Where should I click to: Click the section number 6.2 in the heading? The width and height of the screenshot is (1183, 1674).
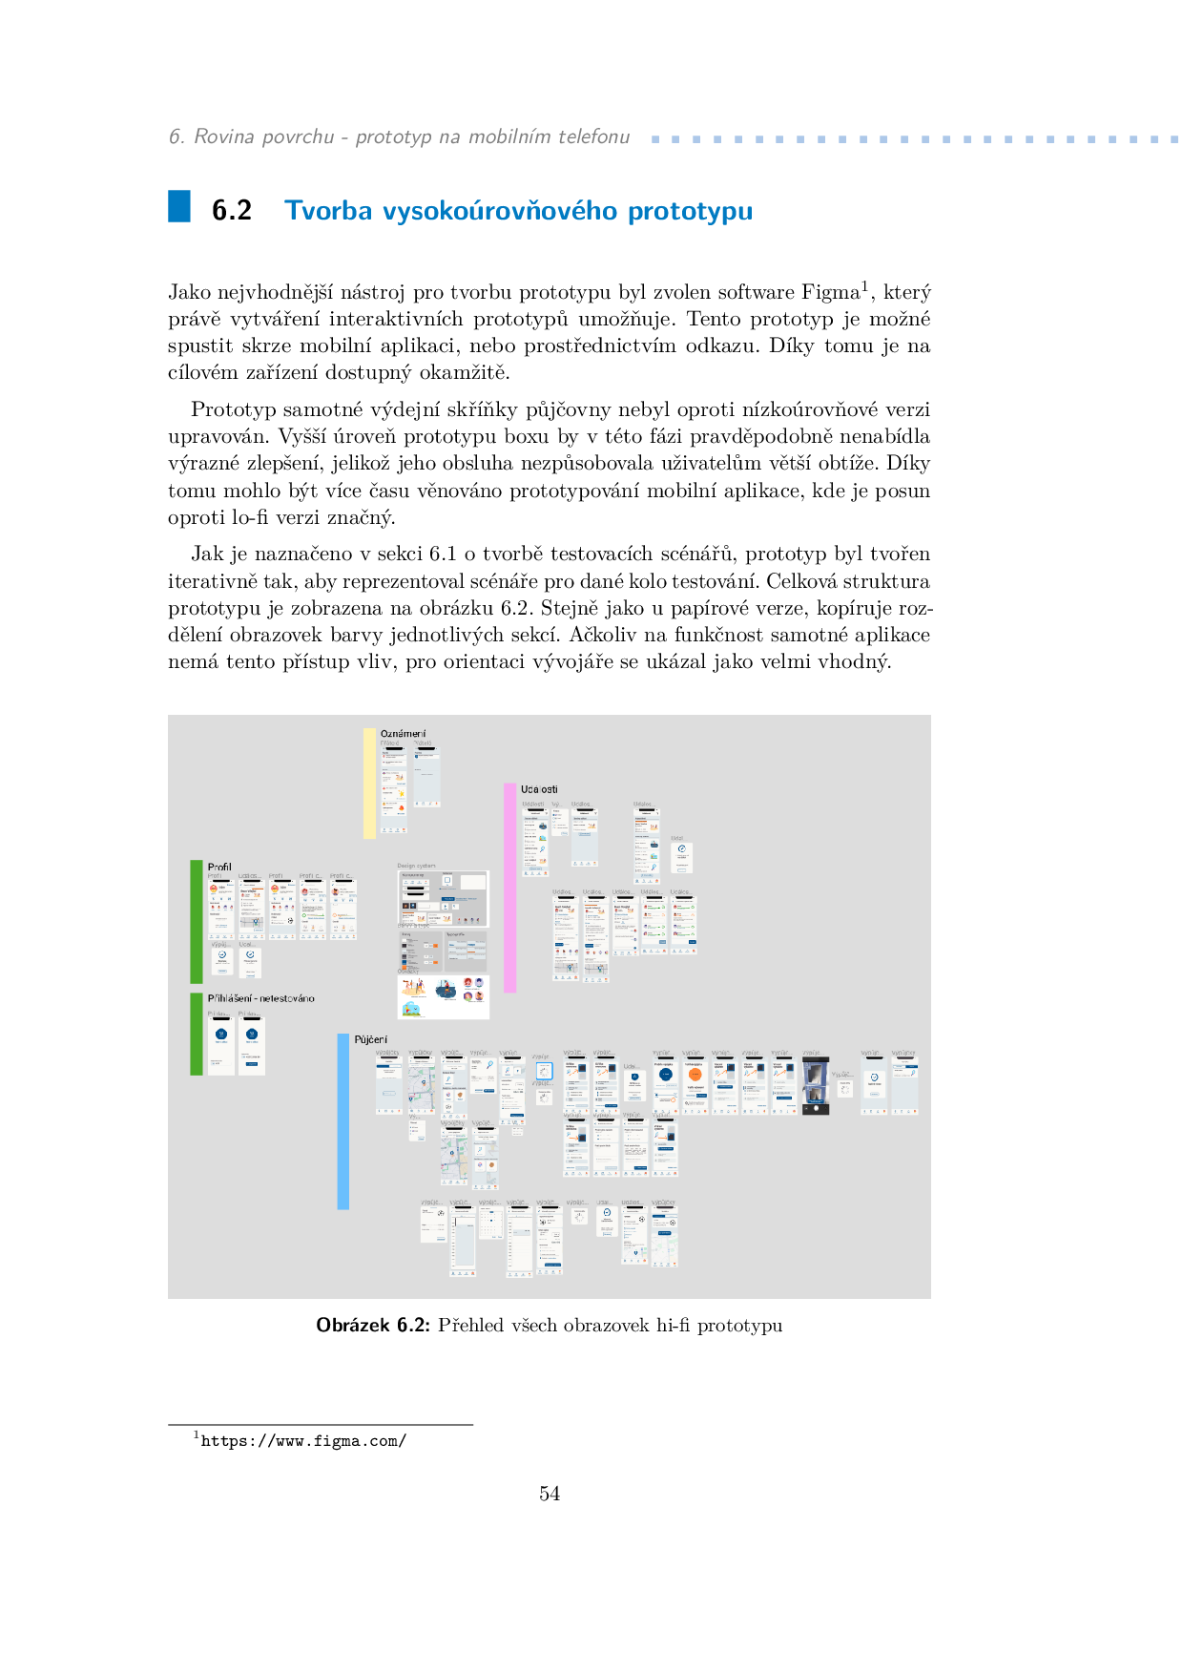(x=232, y=211)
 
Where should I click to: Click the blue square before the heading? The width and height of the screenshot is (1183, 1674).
(x=179, y=207)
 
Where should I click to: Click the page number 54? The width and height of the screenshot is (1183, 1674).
(x=550, y=1494)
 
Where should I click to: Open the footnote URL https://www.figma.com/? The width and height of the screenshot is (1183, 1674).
(x=303, y=1441)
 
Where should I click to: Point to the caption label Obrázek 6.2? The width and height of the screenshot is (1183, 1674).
(x=373, y=1326)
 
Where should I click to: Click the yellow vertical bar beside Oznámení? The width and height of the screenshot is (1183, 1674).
(x=369, y=784)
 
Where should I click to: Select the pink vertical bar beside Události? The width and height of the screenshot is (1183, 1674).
(x=510, y=888)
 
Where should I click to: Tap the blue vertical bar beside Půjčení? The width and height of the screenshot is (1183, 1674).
(x=343, y=1121)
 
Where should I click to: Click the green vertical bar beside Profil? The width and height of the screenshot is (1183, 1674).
(x=197, y=921)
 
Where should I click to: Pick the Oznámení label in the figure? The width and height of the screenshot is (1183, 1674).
(x=403, y=734)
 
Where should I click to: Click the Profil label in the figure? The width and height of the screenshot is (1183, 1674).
(x=219, y=867)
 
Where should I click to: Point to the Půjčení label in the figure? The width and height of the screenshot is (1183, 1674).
(x=371, y=1039)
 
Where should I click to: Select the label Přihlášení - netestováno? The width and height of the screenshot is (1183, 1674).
(x=260, y=998)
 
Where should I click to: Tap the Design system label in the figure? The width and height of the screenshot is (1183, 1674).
(x=416, y=866)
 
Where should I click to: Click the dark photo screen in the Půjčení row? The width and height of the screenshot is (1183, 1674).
(x=815, y=1085)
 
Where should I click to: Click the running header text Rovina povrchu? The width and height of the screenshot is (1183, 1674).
(x=264, y=137)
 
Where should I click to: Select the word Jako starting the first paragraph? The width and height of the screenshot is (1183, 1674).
(x=190, y=292)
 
